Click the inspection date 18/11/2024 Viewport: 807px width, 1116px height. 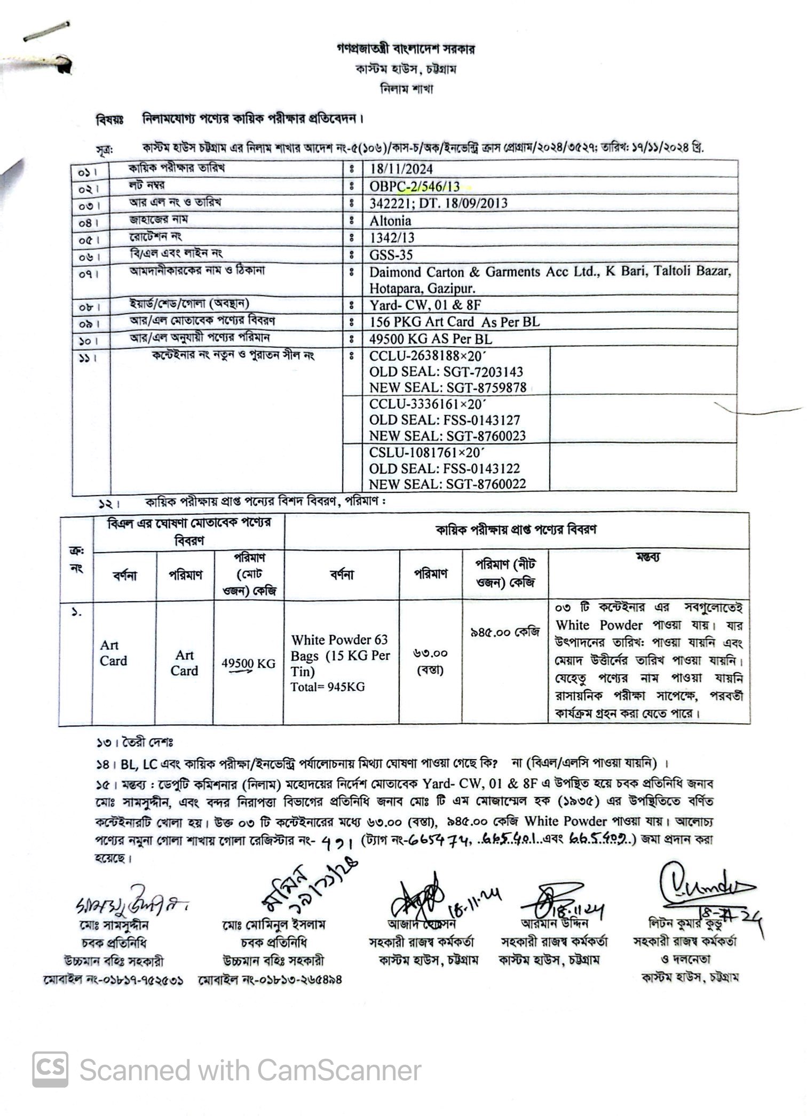[x=401, y=170]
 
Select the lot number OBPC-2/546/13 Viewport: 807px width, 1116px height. [x=414, y=187]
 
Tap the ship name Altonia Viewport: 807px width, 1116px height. [x=390, y=221]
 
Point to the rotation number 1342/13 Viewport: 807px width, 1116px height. [x=392, y=237]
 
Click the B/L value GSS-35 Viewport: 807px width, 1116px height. [x=391, y=254]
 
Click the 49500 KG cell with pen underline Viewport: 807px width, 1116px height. [x=249, y=664]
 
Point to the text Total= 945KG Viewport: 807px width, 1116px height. [x=328, y=687]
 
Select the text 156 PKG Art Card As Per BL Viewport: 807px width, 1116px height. [x=454, y=322]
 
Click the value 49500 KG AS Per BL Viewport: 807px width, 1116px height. [x=431, y=339]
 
